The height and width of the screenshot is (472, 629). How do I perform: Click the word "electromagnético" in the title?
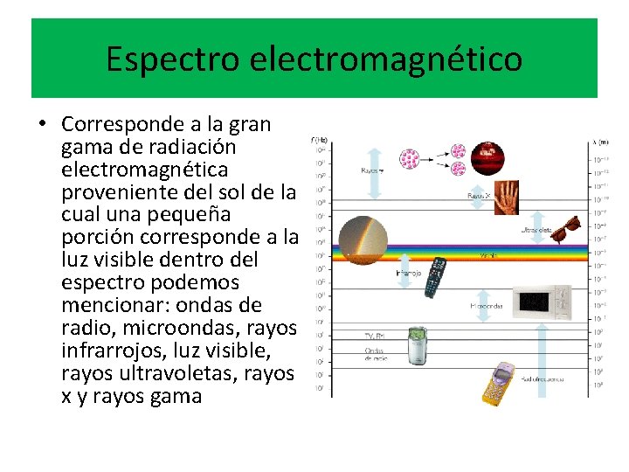coord(386,59)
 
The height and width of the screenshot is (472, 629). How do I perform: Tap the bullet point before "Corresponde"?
coord(42,123)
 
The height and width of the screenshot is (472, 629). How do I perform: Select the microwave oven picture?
coord(541,302)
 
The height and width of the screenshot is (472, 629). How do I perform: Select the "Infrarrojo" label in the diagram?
coord(409,273)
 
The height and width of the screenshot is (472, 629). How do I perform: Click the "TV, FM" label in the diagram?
coord(374,336)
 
